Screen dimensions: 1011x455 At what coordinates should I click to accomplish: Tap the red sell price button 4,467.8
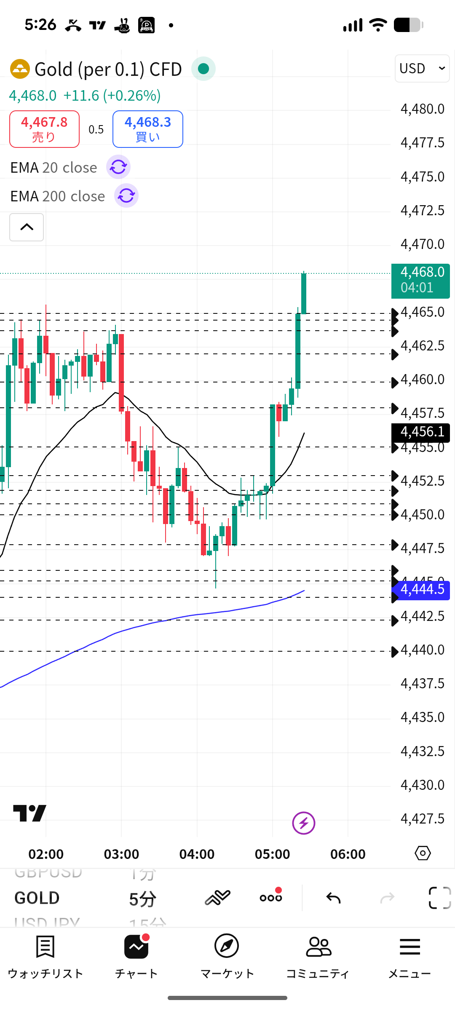44,129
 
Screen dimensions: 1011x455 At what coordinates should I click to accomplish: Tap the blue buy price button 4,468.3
147,129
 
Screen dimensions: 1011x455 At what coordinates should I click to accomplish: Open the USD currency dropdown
422,68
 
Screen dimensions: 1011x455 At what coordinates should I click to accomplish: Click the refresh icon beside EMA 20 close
118,167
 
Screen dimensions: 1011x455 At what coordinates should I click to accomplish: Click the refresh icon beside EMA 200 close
126,196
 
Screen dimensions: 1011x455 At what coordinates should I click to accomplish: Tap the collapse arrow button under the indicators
27,227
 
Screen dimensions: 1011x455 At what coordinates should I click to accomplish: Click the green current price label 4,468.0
420,280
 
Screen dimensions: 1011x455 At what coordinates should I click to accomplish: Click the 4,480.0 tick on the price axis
422,109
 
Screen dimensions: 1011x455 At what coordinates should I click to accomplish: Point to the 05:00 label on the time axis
272,854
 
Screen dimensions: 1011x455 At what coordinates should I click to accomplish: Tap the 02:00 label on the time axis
46,854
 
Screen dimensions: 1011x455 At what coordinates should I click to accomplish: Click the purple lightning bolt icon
304,823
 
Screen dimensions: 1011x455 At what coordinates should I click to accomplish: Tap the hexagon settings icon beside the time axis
423,853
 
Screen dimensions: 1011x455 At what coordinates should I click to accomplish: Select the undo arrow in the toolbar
333,898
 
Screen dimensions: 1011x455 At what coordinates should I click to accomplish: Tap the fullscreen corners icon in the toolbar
439,898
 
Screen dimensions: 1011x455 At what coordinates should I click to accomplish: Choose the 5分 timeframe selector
142,899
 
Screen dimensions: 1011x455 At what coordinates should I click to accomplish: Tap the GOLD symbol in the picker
37,898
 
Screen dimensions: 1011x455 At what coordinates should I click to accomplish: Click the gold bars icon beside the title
20,69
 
